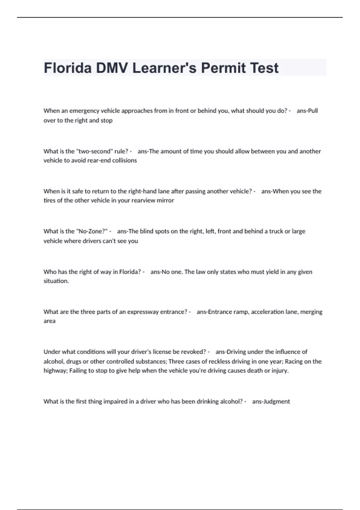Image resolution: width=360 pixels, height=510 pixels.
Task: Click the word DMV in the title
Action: tap(112, 68)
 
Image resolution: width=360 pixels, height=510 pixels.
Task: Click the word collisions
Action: tap(124, 160)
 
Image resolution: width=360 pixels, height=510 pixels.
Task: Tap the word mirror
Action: tap(165, 200)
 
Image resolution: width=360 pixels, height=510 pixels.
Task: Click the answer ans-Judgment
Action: tap(271, 401)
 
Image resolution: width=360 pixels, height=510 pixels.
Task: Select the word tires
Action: tap(49, 200)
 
